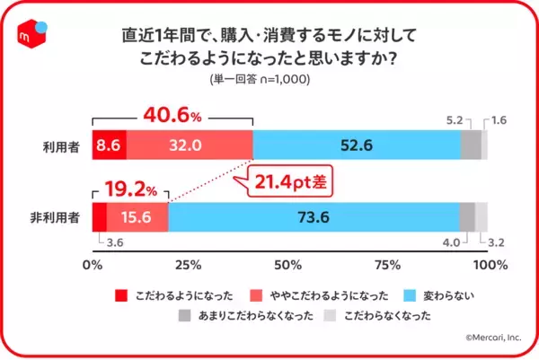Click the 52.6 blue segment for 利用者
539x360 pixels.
[356, 145]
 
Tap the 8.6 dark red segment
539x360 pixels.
[109, 145]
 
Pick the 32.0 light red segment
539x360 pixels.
[189, 145]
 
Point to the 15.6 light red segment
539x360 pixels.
[137, 217]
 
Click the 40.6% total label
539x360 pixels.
[173, 116]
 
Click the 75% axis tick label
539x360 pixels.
[386, 265]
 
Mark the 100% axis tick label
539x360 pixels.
[490, 265]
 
